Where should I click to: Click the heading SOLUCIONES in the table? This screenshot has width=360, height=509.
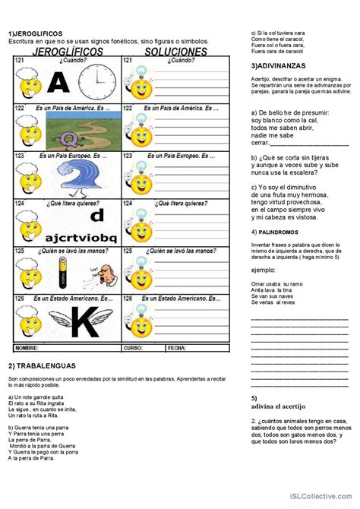pos(177,51)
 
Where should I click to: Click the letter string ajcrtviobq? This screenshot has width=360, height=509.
pos(81,237)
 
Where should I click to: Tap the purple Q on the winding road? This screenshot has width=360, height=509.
pos(69,138)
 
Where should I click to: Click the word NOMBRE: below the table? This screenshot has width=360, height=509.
pos(27,347)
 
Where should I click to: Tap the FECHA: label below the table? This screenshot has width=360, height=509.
pos(177,347)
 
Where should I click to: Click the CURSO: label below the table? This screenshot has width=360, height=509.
pos(134,347)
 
